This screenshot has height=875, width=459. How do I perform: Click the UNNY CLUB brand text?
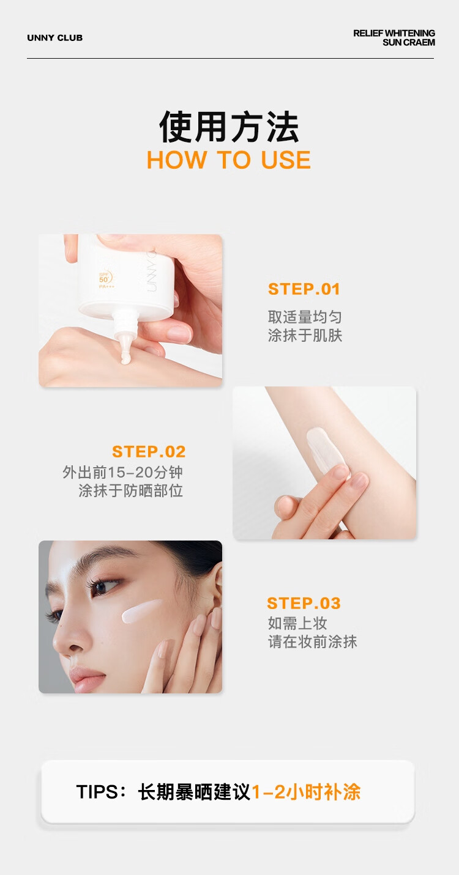point(54,38)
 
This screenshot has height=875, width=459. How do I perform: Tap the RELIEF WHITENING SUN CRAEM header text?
point(394,38)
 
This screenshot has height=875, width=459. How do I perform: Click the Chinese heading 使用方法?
point(229,127)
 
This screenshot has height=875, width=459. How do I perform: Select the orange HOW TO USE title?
point(229,160)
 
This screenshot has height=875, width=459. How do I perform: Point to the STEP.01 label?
point(304,289)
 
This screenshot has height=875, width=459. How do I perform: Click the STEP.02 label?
point(149,451)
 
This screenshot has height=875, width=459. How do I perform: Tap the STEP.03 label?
point(304,603)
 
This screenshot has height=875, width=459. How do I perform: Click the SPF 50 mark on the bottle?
point(105,279)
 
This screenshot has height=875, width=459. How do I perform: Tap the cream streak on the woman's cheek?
point(141,611)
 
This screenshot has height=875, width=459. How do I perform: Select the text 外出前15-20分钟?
point(122,472)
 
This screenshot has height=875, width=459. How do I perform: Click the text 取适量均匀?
point(305,317)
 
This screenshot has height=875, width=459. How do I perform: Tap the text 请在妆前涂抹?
point(312,641)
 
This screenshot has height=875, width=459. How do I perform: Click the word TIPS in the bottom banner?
point(97,792)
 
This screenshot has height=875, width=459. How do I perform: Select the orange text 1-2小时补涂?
point(306,792)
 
